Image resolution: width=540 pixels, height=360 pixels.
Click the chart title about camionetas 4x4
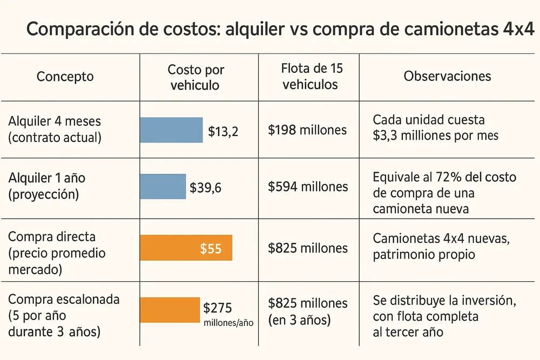[x=280, y=29]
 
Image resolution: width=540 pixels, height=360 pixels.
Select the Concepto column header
[x=65, y=76]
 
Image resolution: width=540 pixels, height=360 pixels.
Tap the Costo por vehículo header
[x=195, y=77]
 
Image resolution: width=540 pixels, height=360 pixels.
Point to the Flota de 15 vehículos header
[x=312, y=76]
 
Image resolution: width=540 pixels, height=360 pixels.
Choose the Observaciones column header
[x=447, y=76]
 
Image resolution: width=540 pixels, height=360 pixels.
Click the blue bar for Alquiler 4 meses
[x=171, y=130]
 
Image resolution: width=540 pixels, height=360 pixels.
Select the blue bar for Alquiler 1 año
[x=163, y=187]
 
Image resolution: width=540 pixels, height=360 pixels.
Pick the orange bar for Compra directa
[x=186, y=248]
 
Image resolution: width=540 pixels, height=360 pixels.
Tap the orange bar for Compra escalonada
[x=170, y=310]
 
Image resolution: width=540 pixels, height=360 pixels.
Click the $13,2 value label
[x=222, y=131]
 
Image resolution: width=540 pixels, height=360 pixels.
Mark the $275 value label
[x=218, y=308]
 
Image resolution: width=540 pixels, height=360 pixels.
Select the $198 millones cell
[x=307, y=130]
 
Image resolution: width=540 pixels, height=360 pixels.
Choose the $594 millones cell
[x=307, y=187]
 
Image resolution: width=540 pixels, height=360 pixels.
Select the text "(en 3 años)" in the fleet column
[x=299, y=320]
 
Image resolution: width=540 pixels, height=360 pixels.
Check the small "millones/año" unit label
[x=228, y=322]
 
